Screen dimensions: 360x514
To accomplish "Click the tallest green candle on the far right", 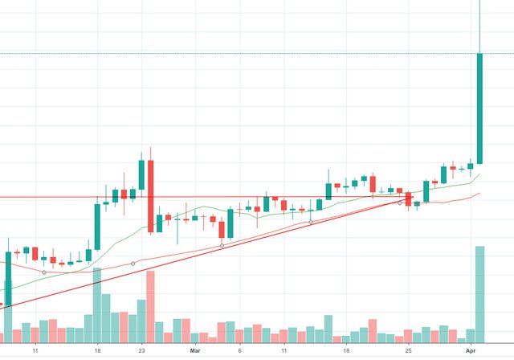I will (479, 108).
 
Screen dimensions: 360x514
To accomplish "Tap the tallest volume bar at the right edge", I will (479, 292).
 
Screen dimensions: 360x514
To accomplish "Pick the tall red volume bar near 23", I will (150, 305).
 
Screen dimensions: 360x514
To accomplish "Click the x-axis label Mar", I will (195, 351).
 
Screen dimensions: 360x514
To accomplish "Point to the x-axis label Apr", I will (475, 351).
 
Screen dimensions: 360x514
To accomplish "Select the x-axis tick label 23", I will (141, 351).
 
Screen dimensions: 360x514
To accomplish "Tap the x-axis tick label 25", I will (408, 351).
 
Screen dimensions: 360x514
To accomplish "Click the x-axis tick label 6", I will (239, 351).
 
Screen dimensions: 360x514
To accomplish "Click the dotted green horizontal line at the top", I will (241, 53).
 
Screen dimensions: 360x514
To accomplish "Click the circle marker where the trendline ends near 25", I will (399, 202).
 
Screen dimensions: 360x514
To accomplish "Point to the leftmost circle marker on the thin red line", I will (43, 272).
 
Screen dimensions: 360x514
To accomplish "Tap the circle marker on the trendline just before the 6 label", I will (222, 244).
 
